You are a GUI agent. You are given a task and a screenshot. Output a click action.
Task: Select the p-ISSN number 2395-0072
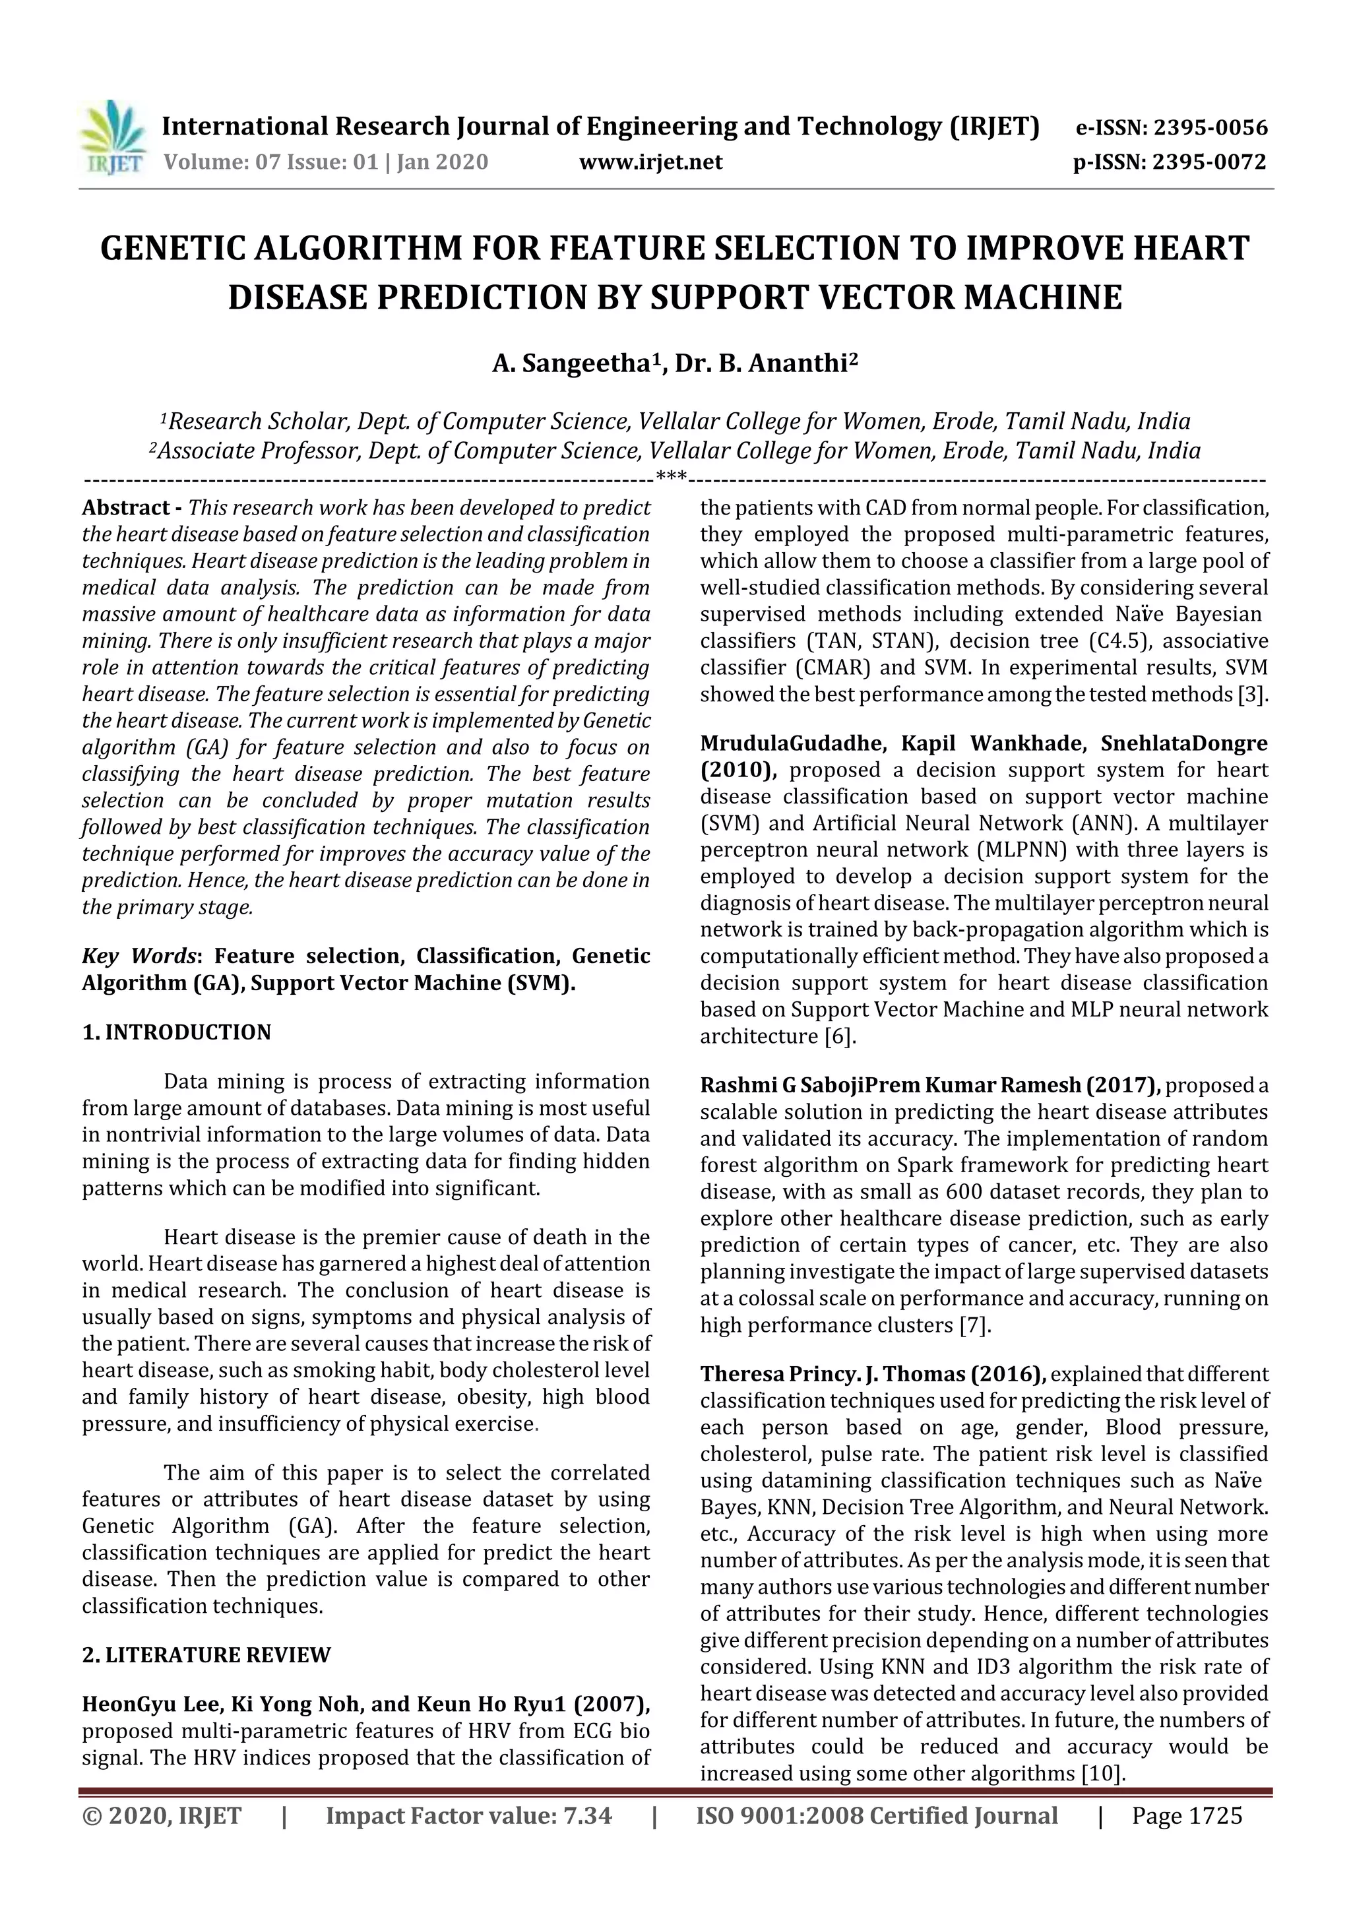tap(1209, 162)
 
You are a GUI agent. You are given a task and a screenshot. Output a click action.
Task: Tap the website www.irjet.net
tap(650, 162)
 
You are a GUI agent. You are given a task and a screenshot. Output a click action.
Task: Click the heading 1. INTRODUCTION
tap(177, 1032)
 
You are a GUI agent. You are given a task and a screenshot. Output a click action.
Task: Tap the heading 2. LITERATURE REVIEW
tap(206, 1654)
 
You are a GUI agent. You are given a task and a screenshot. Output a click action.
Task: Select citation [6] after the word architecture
tap(839, 1036)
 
